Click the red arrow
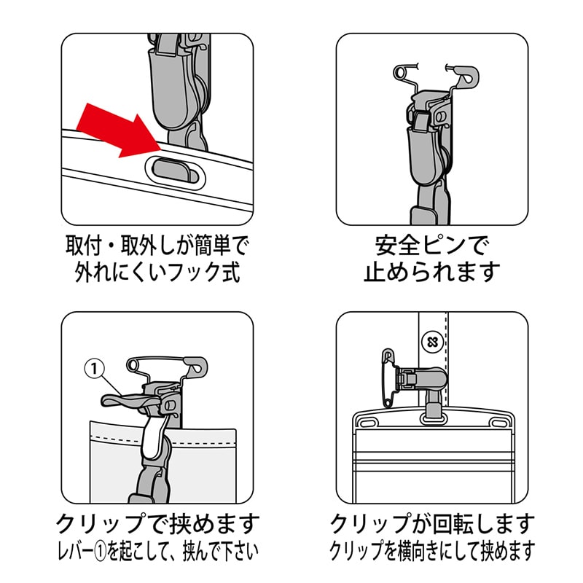pos(119,131)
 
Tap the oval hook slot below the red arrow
pos(176,172)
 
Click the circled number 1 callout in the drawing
pos(94,369)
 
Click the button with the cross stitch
pos(432,342)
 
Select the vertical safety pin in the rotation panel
pos(388,377)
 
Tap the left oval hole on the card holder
pos(366,423)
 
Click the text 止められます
pos(431,272)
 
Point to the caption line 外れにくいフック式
pos(157,272)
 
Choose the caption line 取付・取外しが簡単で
pos(157,246)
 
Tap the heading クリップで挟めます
pos(157,523)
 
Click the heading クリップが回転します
pos(432,523)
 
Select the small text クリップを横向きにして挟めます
pos(432,551)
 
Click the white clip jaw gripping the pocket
pos(152,438)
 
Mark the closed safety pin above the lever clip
pos(168,366)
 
